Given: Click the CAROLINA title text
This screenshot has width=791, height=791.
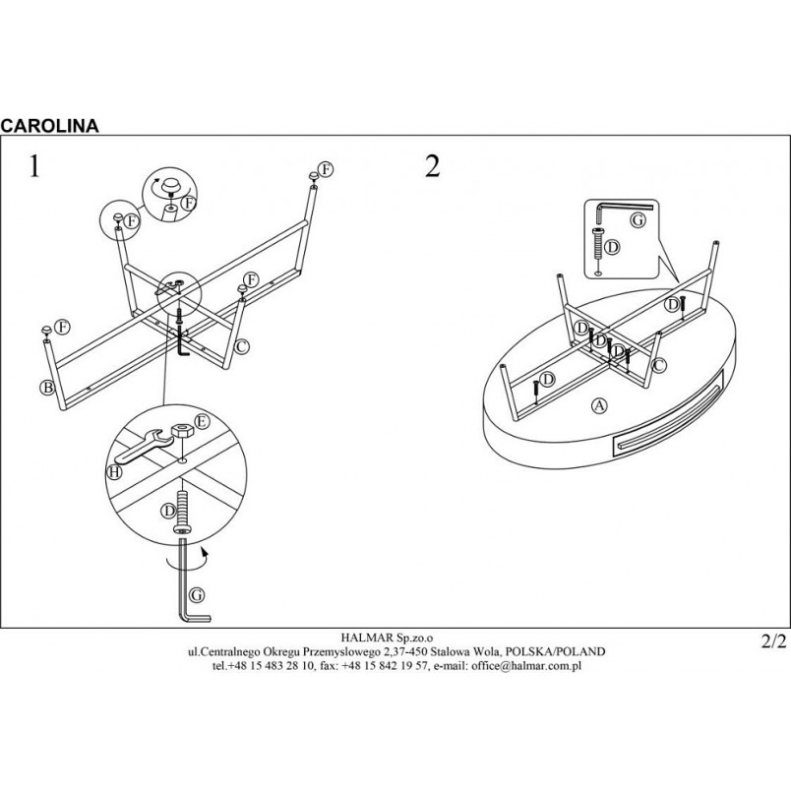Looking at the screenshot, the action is (x=49, y=125).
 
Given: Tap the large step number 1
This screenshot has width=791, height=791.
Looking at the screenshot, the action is (x=34, y=166).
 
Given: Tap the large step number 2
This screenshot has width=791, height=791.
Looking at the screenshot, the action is (x=432, y=166).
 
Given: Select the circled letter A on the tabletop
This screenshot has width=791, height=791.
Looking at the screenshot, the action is (x=599, y=405).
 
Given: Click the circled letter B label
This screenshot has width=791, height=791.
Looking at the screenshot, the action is (x=47, y=388).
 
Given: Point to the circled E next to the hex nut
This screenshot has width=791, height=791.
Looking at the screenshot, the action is (x=202, y=421).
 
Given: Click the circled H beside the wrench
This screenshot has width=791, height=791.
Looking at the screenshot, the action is (x=115, y=471).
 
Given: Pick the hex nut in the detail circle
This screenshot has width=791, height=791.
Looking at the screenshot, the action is (x=180, y=431).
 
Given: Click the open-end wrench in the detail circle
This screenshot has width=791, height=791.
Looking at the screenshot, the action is (x=143, y=446).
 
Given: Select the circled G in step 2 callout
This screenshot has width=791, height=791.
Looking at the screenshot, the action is (x=639, y=220).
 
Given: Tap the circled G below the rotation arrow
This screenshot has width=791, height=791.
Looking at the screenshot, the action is (x=197, y=595).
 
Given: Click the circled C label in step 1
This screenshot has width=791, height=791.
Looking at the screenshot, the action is (x=242, y=346).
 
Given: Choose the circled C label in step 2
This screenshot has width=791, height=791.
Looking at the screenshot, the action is (x=658, y=365).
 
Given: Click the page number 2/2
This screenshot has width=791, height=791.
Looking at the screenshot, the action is (x=773, y=641).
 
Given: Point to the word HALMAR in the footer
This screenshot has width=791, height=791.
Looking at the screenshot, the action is (x=361, y=639).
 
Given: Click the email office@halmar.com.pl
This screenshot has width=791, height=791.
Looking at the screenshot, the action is (x=526, y=665).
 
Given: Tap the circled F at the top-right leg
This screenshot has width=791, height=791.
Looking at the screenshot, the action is (x=326, y=169).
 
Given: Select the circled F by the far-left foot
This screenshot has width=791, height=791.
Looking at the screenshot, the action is (x=62, y=327).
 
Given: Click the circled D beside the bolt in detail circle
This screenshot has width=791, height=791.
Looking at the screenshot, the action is (x=168, y=511).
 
